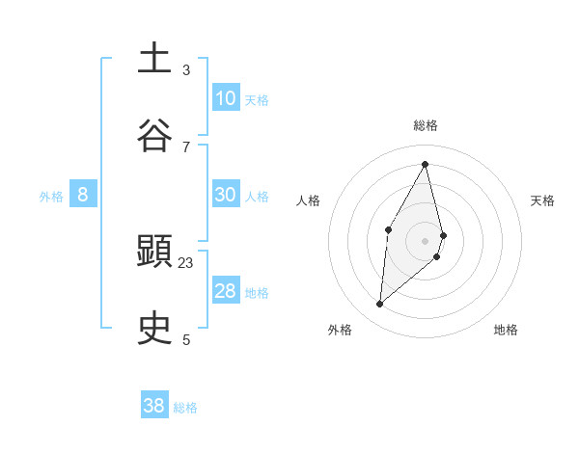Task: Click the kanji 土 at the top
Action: pyautogui.click(x=154, y=59)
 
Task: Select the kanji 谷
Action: pyautogui.click(x=154, y=135)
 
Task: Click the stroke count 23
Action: pyautogui.click(x=186, y=263)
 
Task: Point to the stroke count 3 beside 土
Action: pyautogui.click(x=186, y=70)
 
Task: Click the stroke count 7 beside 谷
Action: pyautogui.click(x=186, y=147)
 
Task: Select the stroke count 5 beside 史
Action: pyautogui.click(x=186, y=339)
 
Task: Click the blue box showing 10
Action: pyautogui.click(x=226, y=98)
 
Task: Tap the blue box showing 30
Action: pyautogui.click(x=226, y=195)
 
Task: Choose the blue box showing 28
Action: pyautogui.click(x=226, y=291)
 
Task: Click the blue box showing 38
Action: pyautogui.click(x=154, y=406)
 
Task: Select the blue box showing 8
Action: pyautogui.click(x=83, y=195)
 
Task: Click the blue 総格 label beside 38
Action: pyautogui.click(x=186, y=408)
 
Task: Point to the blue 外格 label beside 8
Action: pyautogui.click(x=51, y=197)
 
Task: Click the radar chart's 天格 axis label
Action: pyautogui.click(x=542, y=200)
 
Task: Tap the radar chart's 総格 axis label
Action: pyautogui.click(x=426, y=125)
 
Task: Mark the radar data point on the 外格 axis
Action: pyautogui.click(x=380, y=305)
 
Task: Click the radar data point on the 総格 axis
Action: pyautogui.click(x=426, y=164)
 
